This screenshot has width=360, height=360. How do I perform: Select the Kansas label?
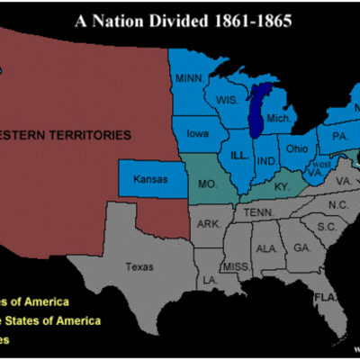coord(150,180)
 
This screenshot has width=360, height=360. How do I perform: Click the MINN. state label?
coord(191,78)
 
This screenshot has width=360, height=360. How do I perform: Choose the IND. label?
coord(266,161)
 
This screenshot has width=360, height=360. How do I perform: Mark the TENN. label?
coord(265,211)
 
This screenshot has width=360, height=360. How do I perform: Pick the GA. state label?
coord(300,247)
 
